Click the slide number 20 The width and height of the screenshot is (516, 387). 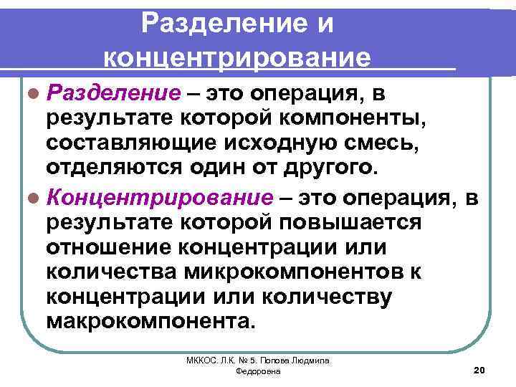coord(480,369)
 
